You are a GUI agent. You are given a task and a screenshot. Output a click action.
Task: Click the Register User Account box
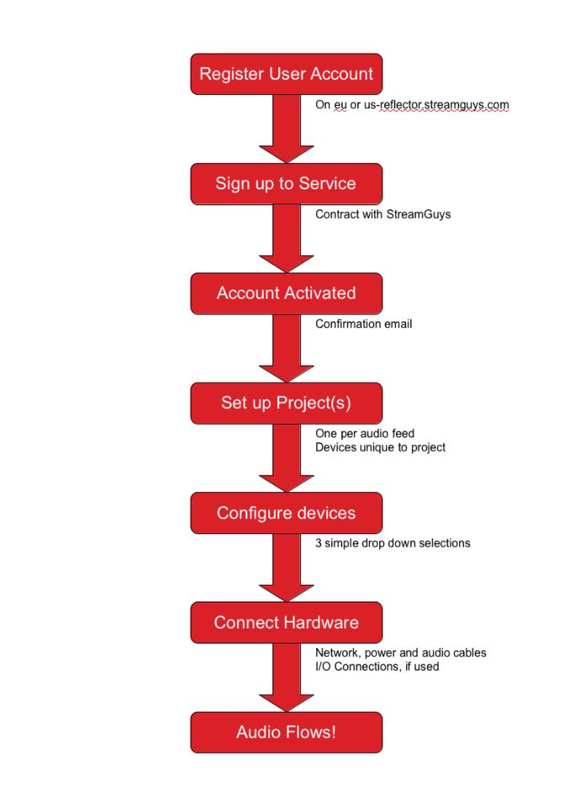[286, 74]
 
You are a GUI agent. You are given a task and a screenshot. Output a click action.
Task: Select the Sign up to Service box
[286, 183]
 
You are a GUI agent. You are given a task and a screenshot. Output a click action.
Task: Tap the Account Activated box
[286, 294]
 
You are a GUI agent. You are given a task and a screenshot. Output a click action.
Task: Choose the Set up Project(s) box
[286, 403]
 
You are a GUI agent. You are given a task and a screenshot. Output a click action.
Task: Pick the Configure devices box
[286, 512]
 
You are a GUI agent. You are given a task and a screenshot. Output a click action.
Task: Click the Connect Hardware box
[286, 623]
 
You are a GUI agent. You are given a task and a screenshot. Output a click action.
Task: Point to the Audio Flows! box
[286, 732]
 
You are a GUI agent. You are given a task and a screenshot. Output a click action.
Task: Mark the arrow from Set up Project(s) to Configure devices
[287, 458]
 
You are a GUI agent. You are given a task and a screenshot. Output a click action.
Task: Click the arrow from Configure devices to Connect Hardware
[287, 567]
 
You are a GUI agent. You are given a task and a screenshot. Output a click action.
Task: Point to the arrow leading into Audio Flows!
[287, 677]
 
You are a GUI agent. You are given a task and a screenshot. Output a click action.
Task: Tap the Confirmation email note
[363, 324]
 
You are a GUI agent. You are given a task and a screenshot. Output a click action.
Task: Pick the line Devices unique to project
[380, 448]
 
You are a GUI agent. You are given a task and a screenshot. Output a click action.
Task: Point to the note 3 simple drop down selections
[393, 543]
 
